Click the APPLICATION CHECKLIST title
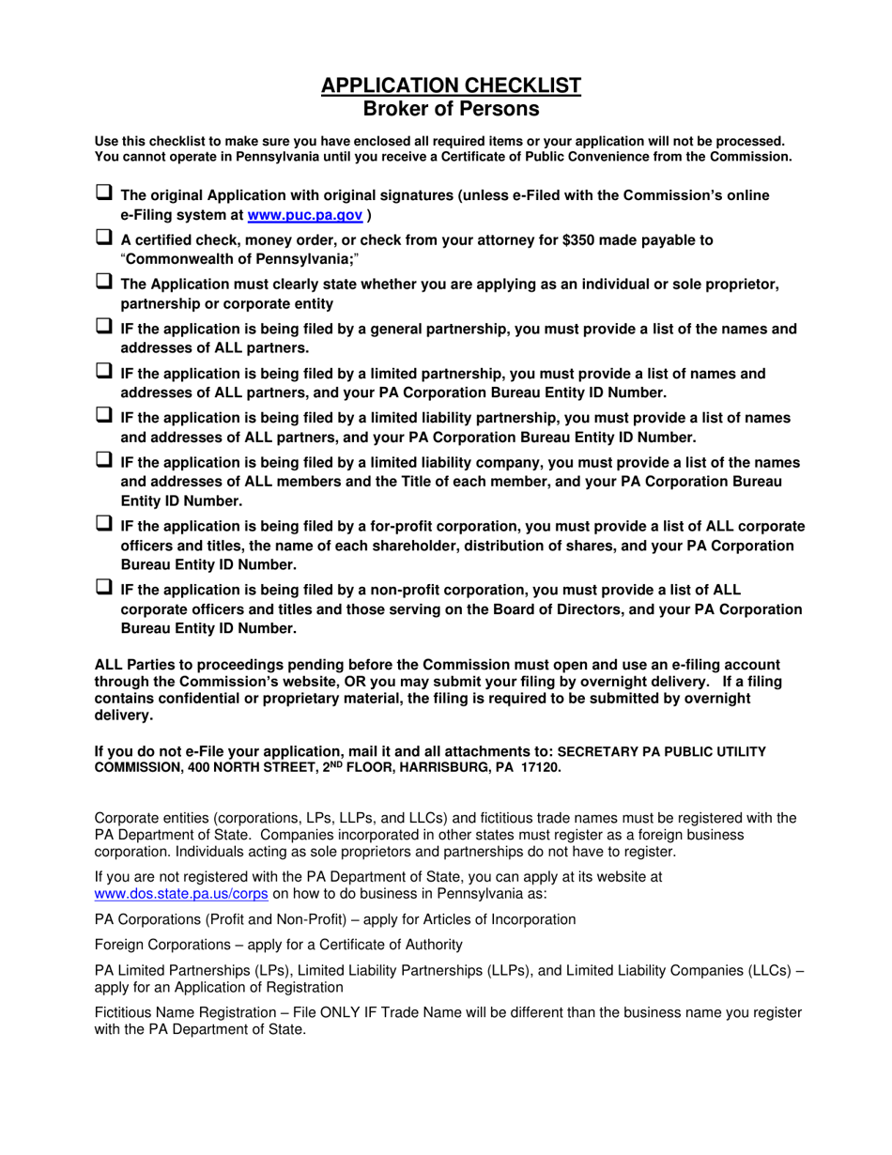click(451, 85)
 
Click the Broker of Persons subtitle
click(451, 109)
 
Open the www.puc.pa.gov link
click(304, 215)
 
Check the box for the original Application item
click(104, 194)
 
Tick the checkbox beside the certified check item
click(104, 239)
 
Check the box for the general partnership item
click(104, 328)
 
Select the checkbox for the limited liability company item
click(104, 461)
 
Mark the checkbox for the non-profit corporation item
click(104, 589)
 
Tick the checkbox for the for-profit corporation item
click(104, 525)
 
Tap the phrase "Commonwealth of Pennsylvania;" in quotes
click(240, 259)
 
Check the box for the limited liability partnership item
click(104, 416)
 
